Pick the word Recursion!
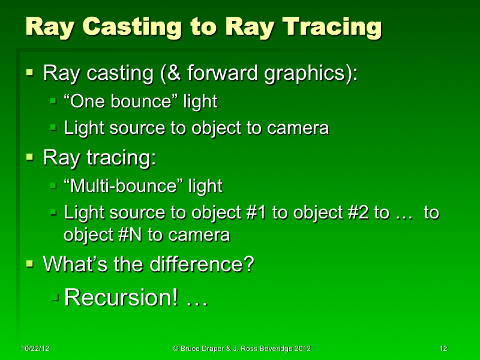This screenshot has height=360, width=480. (x=121, y=297)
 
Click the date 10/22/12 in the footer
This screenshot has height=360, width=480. (x=34, y=349)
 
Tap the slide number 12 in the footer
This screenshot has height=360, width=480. (x=443, y=349)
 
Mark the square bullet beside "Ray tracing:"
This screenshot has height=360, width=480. (x=30, y=158)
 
